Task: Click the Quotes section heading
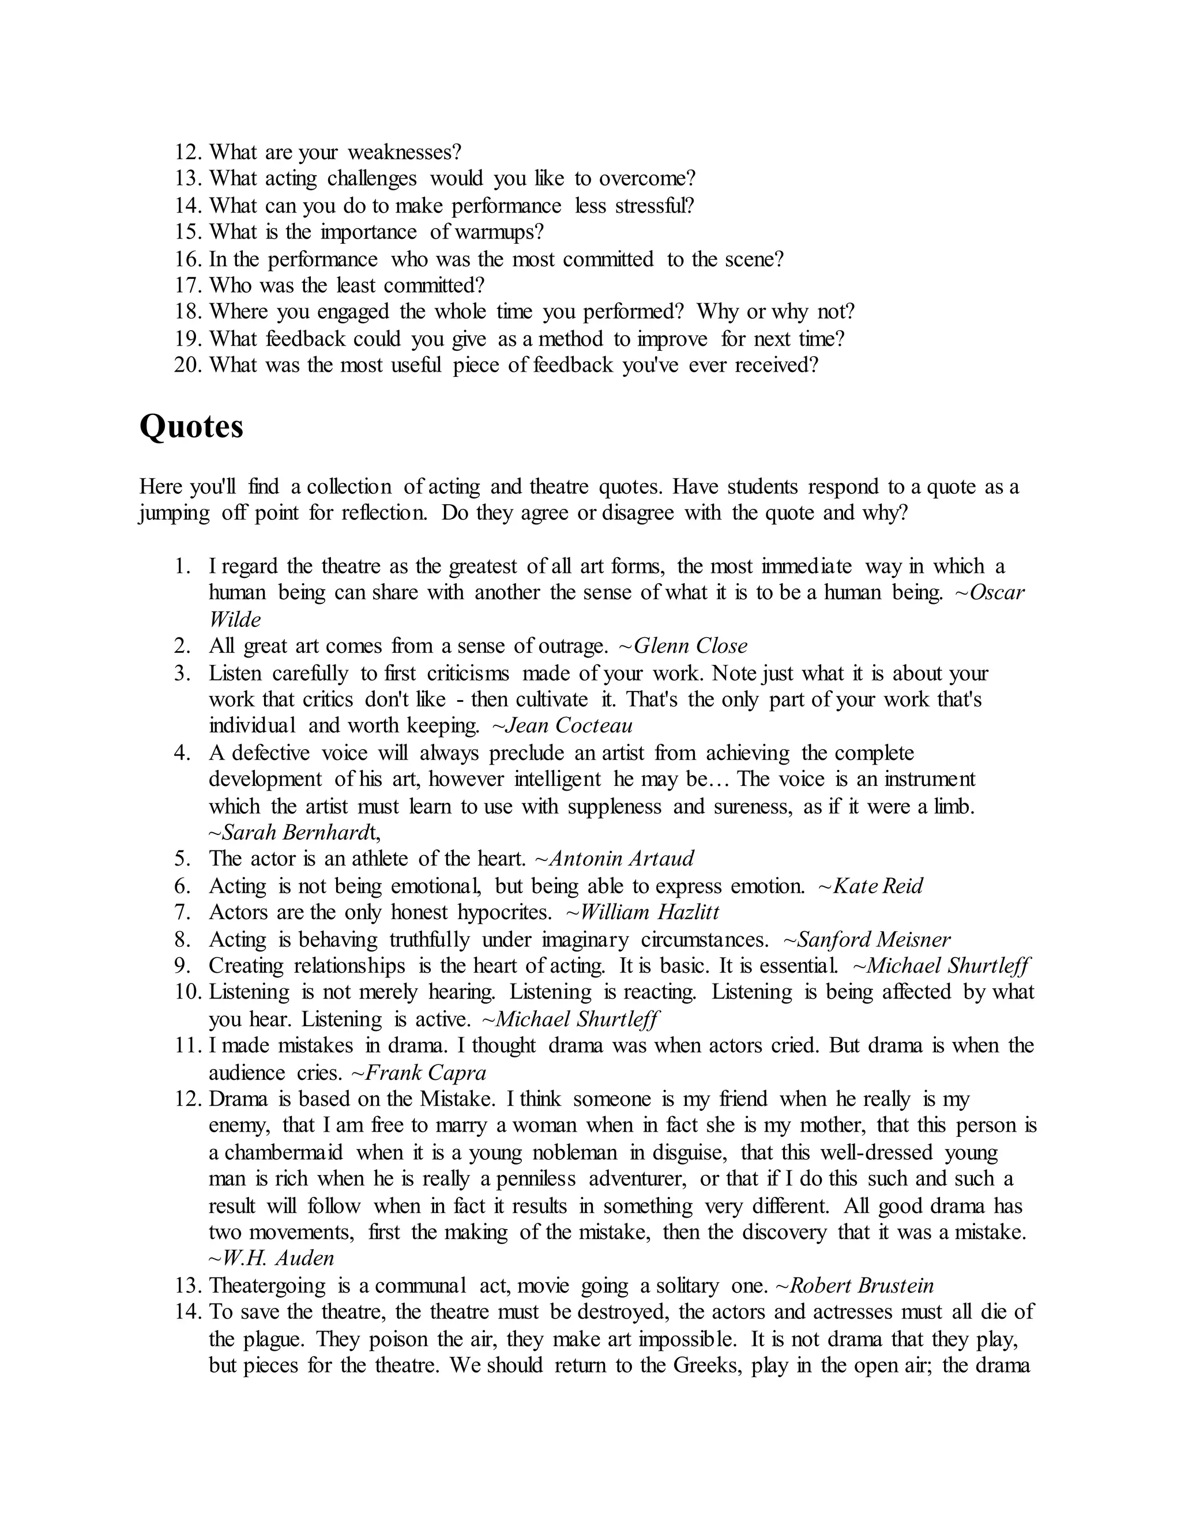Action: pyautogui.click(x=191, y=426)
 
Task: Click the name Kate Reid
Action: pyautogui.click(x=877, y=886)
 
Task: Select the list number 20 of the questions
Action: pyautogui.click(x=187, y=365)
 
